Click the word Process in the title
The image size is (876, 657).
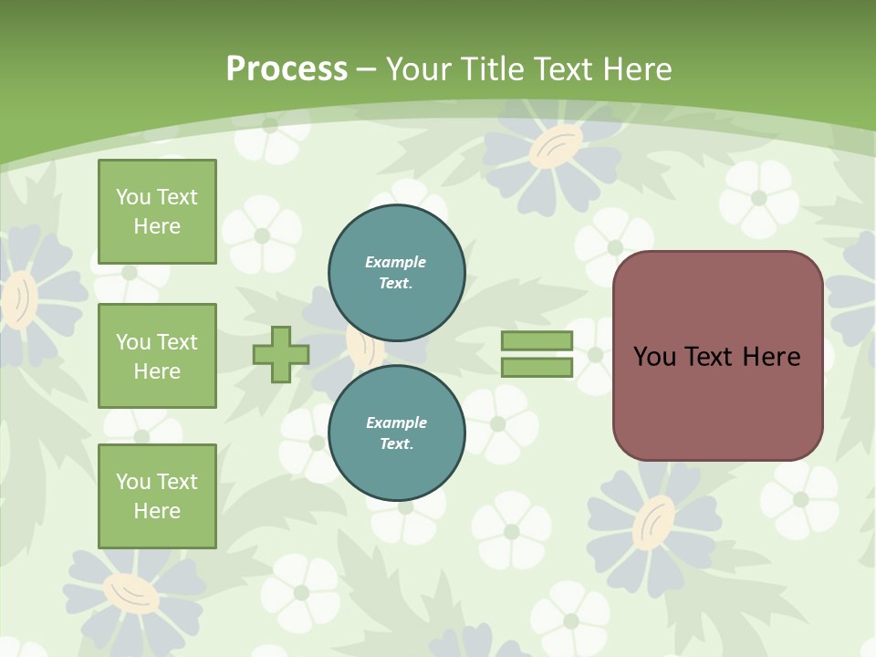pyautogui.click(x=287, y=69)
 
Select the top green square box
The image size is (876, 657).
pyautogui.click(x=157, y=212)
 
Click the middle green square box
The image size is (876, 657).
pyautogui.click(x=157, y=356)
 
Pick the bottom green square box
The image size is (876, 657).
pyautogui.click(x=157, y=495)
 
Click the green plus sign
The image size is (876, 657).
pyautogui.click(x=281, y=355)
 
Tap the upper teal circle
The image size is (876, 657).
pyautogui.click(x=396, y=272)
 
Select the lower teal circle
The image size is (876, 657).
pyautogui.click(x=396, y=433)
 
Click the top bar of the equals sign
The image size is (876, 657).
pyautogui.click(x=537, y=341)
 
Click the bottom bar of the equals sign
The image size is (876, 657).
pyautogui.click(x=537, y=367)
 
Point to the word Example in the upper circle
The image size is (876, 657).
pyautogui.click(x=395, y=262)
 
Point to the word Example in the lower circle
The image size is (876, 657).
pyautogui.click(x=396, y=422)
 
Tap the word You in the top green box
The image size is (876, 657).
pyautogui.click(x=132, y=197)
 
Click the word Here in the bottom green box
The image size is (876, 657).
pyautogui.click(x=157, y=511)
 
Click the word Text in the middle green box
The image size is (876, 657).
pyautogui.click(x=177, y=342)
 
